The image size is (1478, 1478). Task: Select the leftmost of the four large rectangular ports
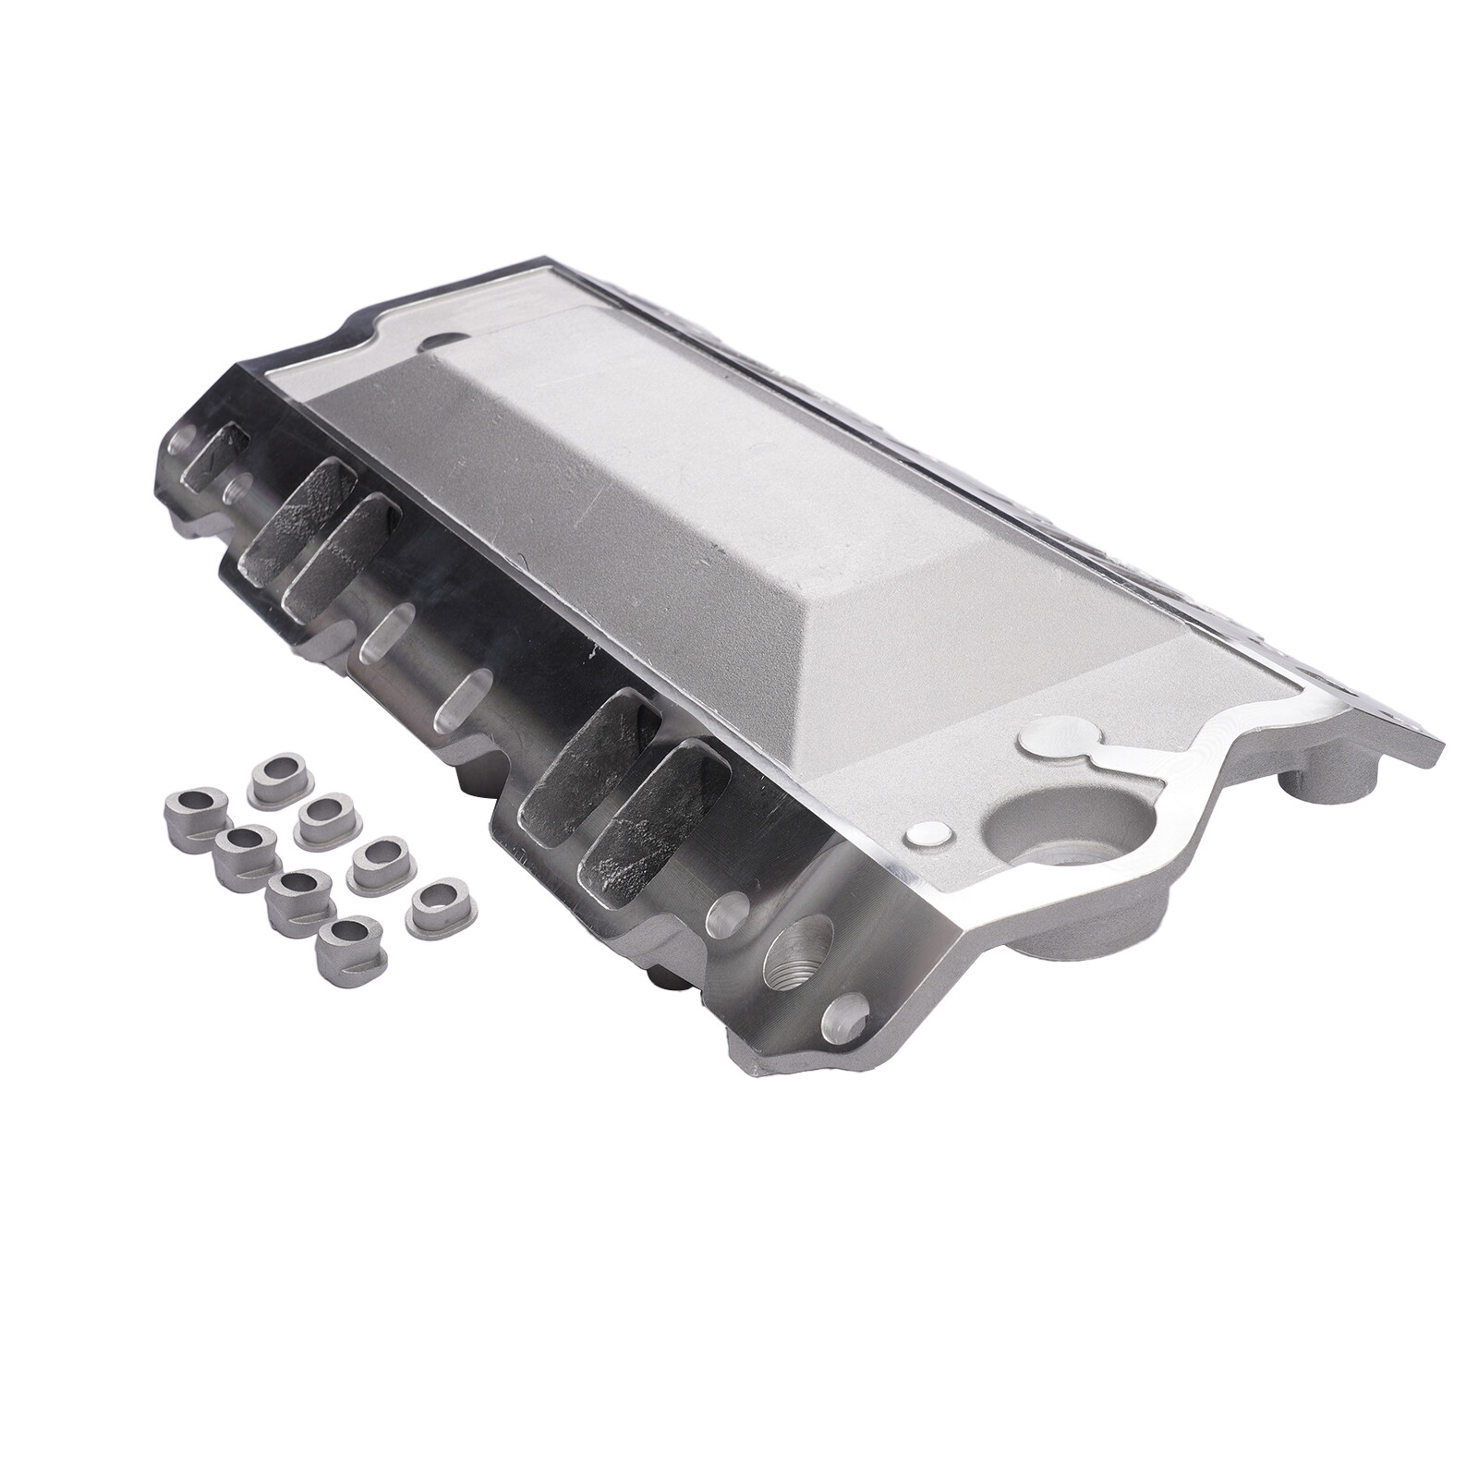[282, 527]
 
